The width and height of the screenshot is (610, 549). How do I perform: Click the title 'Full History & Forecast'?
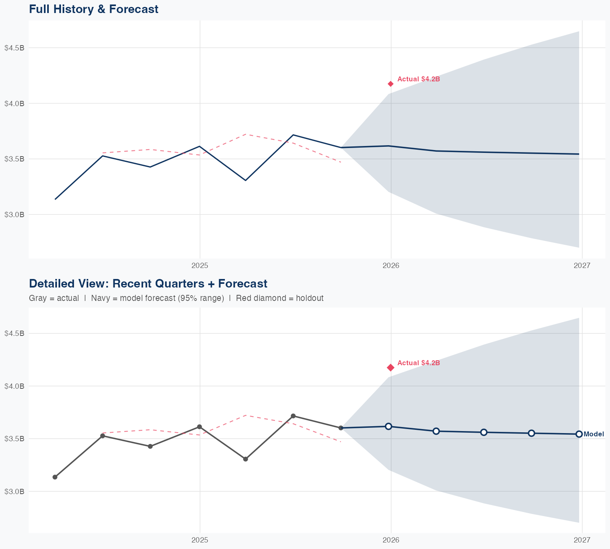coord(94,9)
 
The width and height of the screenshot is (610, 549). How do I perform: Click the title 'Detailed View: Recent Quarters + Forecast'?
coord(148,283)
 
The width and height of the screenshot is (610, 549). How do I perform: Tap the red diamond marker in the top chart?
coord(391,84)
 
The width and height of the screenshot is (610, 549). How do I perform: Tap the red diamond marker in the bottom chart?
coord(391,368)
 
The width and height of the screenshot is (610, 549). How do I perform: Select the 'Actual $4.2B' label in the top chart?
coord(418,79)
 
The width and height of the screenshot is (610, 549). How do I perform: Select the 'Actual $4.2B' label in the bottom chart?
coord(418,363)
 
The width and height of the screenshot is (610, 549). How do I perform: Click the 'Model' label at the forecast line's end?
coord(594,434)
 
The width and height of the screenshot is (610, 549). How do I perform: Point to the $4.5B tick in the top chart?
coord(14,48)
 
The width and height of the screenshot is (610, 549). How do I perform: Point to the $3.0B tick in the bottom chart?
coord(14,491)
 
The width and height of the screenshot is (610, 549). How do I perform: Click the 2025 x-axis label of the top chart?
coord(200,266)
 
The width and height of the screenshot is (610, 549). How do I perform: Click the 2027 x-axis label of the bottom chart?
coord(582,540)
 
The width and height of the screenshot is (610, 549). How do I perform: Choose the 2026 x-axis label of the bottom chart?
coord(391,540)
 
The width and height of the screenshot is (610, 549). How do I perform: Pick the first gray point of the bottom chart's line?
coord(55,477)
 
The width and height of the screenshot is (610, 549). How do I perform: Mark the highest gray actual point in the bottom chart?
coord(293,416)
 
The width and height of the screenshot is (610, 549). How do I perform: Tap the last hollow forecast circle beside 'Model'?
coord(579,434)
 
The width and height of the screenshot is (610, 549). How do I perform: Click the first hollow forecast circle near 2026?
coord(388,426)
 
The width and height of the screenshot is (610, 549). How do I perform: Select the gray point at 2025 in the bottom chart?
coord(200,427)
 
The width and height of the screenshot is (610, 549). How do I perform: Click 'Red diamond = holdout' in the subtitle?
coord(279,298)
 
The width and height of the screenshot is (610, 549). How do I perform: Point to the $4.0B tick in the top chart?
coord(14,103)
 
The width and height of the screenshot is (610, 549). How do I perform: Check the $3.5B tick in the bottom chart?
coord(14,439)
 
